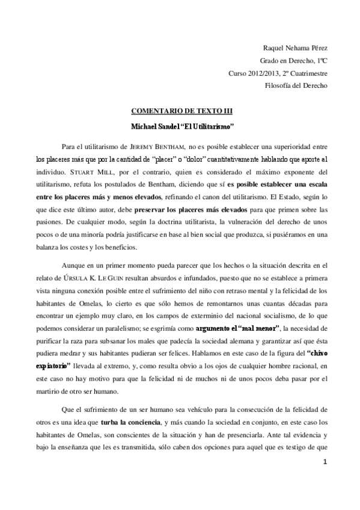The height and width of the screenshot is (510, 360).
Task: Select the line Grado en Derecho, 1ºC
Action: [294, 61]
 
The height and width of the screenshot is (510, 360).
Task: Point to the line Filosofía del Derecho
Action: [296, 86]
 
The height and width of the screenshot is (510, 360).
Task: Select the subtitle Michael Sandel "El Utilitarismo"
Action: [182, 127]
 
